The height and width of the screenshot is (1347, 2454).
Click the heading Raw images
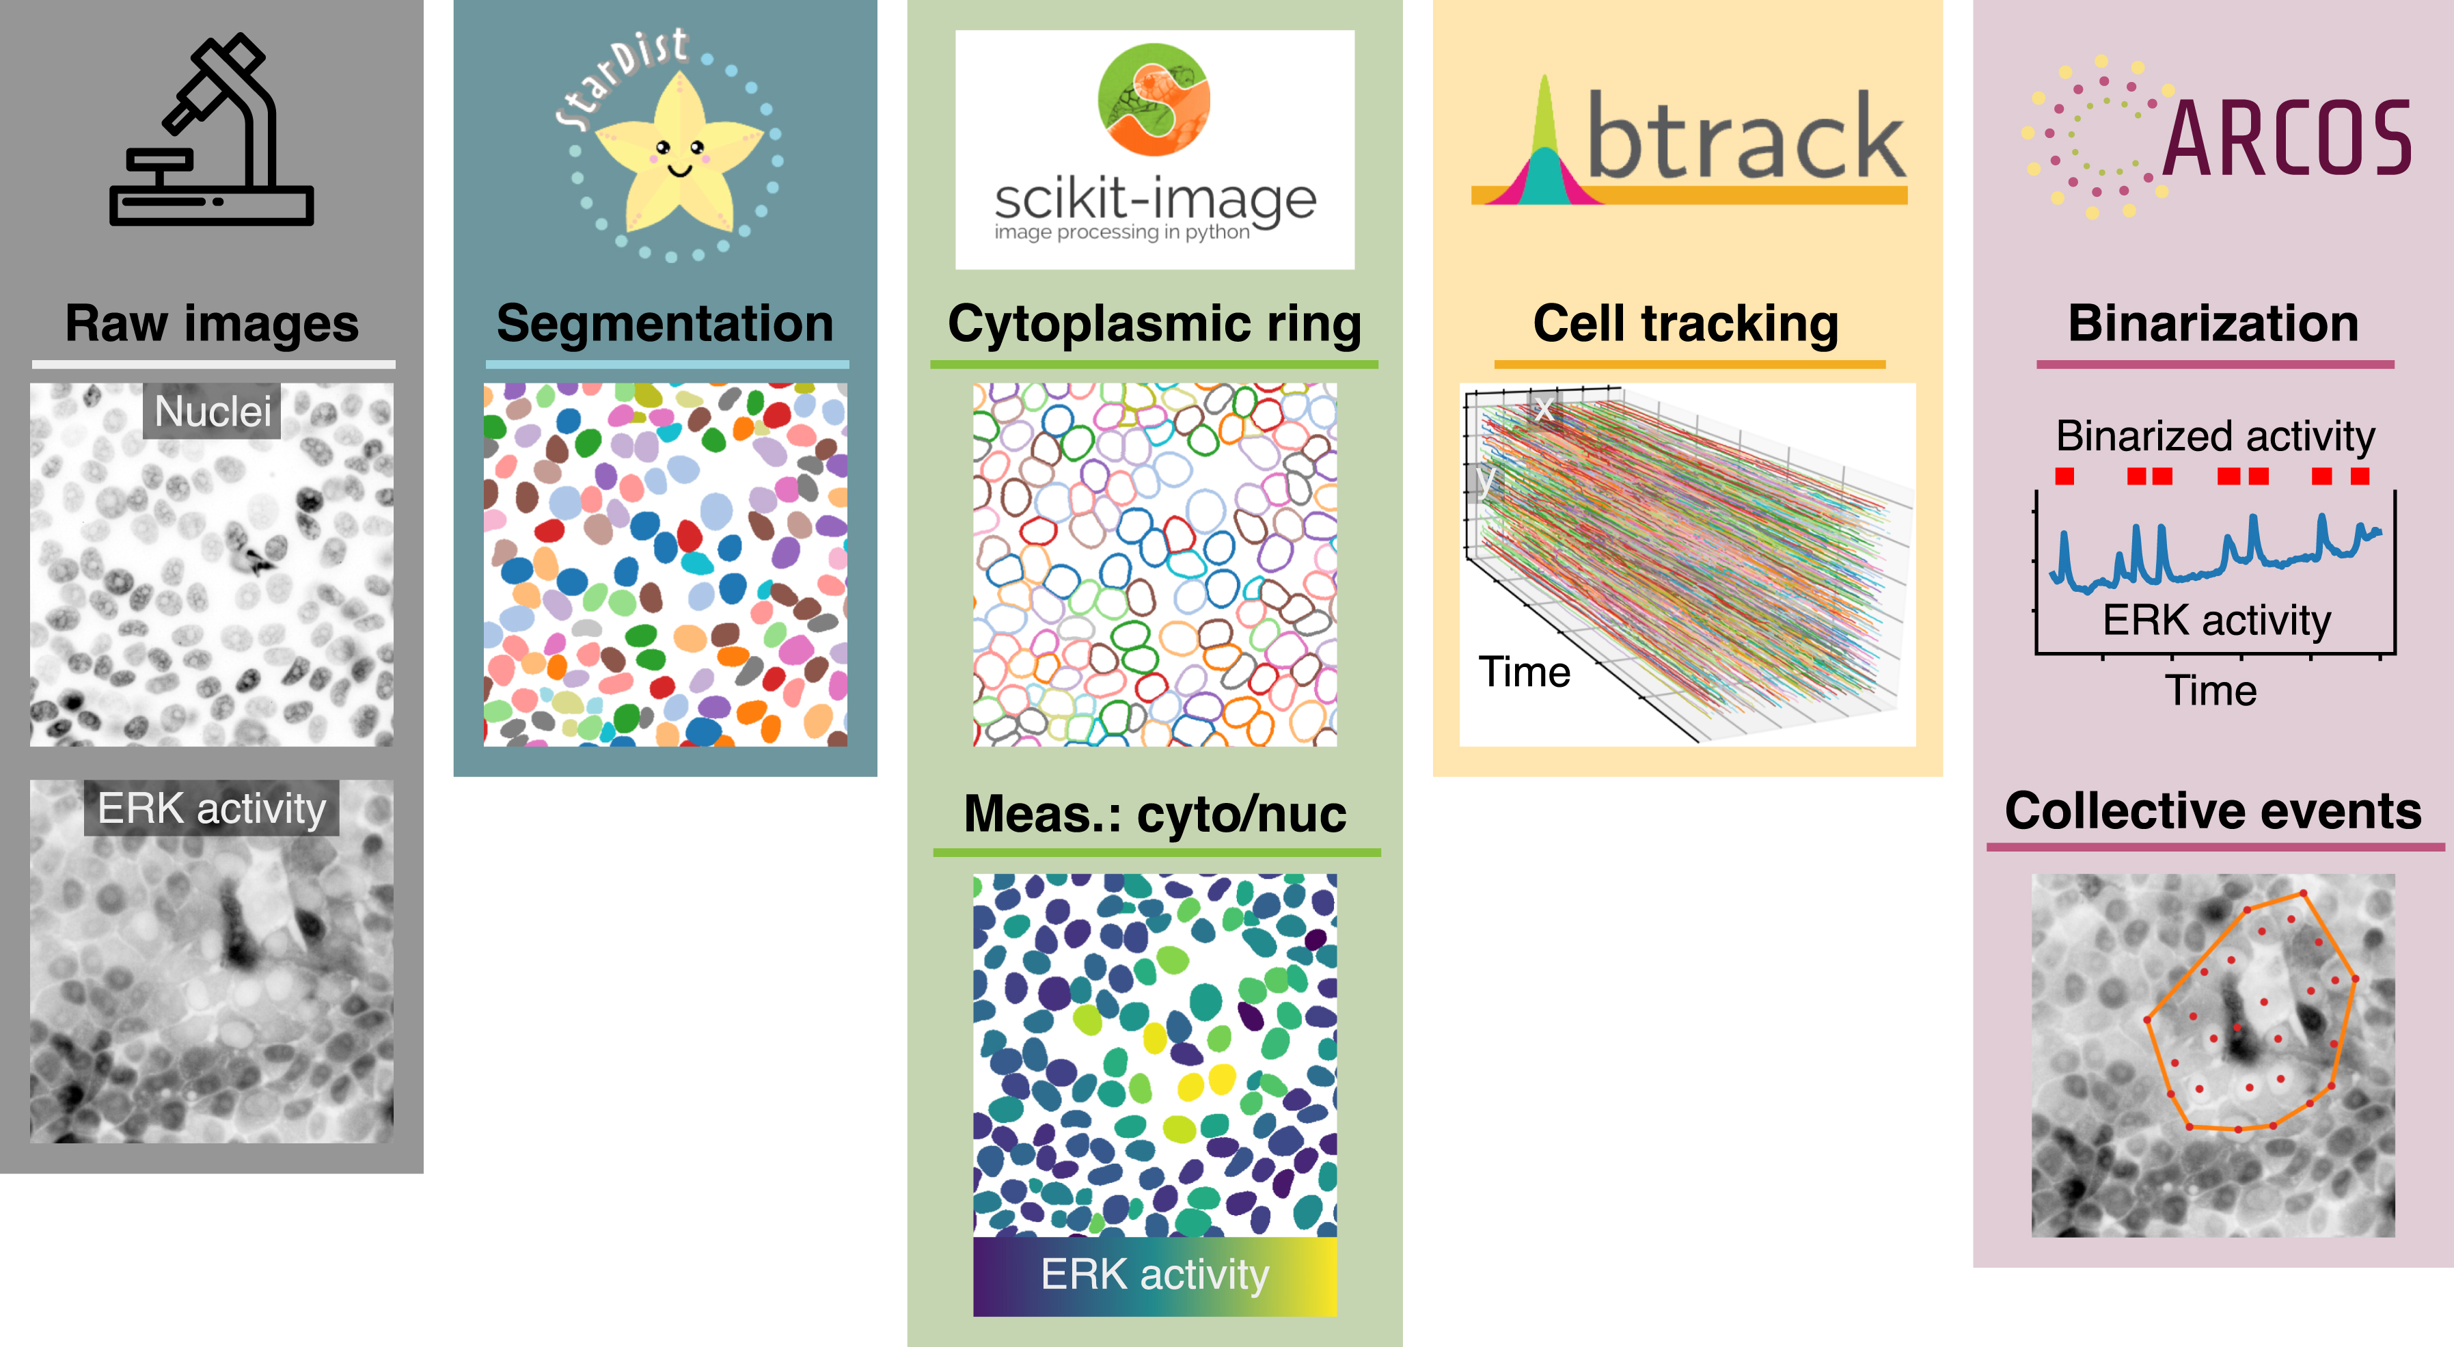coord(211,324)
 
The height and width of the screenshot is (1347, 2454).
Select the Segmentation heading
coord(665,324)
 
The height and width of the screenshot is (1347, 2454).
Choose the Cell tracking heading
coord(1685,324)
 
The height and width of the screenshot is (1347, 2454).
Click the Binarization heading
coord(2213,324)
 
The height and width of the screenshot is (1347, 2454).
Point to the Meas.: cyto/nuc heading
coord(1155,815)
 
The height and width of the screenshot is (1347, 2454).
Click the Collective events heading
coord(2212,812)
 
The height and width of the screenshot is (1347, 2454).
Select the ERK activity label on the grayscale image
coord(211,808)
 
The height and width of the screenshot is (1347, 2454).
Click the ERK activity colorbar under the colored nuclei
coord(1155,1275)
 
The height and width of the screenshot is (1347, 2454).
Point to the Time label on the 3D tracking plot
coord(1523,672)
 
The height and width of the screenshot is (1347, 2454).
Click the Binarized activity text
coord(2215,436)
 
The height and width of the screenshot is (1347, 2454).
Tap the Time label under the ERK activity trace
coord(2211,691)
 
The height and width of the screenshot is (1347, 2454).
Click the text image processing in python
coord(1121,232)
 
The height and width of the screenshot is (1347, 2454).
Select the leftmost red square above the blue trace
coord(2064,476)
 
